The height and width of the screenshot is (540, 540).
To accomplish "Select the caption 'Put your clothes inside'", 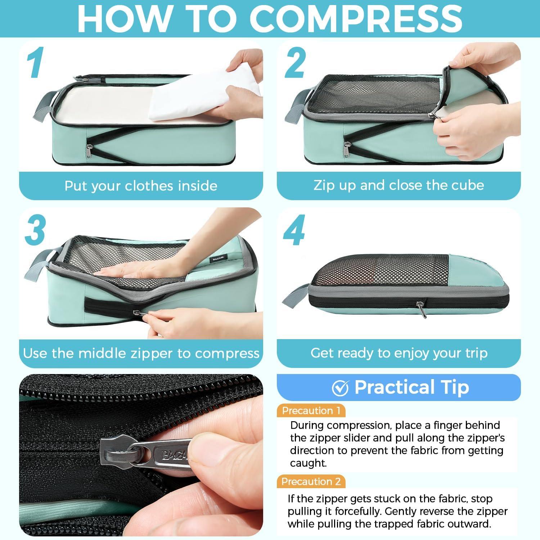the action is [x=141, y=186].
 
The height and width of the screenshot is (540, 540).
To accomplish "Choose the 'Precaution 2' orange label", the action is [x=311, y=482].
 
